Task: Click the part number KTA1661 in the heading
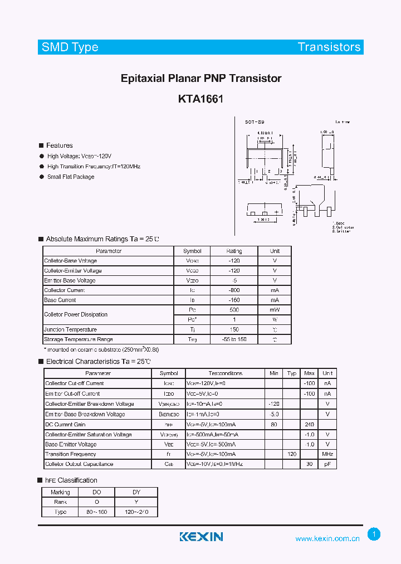[x=200, y=99]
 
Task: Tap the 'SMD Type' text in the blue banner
[x=70, y=47]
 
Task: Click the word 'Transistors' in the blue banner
[x=329, y=47]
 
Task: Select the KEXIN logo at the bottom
[x=201, y=537]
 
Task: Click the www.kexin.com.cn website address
[x=327, y=538]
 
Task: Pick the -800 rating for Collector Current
[x=234, y=290]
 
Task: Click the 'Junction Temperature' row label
[x=71, y=329]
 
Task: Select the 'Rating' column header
[x=234, y=251]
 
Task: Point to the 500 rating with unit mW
[x=234, y=310]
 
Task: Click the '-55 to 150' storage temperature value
[x=234, y=339]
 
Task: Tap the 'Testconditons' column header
[x=226, y=373]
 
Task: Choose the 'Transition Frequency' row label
[x=71, y=454]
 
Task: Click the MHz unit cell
[x=327, y=454]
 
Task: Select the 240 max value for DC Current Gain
[x=310, y=424]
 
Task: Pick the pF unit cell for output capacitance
[x=327, y=464]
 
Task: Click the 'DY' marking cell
[x=136, y=492]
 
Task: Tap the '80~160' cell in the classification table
[x=97, y=512]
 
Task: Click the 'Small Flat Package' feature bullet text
[x=71, y=177]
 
